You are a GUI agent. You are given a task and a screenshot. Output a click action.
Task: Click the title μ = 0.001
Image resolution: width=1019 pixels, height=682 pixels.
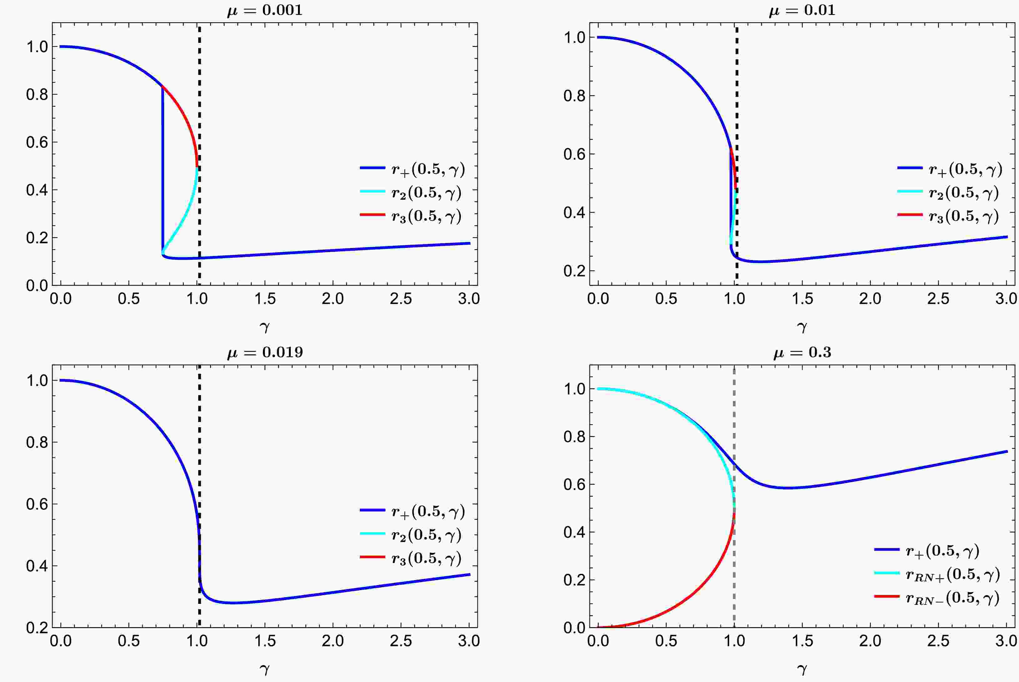tap(265, 10)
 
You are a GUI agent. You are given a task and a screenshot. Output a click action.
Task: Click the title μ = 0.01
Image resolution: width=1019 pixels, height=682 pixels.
tap(802, 10)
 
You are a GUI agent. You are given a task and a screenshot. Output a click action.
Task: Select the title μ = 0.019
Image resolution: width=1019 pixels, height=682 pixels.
tap(265, 352)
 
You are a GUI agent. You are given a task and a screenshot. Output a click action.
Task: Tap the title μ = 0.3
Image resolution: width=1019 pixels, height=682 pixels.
tap(802, 352)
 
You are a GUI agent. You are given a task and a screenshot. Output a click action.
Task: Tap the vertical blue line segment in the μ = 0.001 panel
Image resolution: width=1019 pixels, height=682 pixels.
tap(163, 174)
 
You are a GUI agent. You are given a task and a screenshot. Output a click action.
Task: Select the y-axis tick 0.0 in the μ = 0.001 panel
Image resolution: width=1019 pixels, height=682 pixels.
tap(37, 286)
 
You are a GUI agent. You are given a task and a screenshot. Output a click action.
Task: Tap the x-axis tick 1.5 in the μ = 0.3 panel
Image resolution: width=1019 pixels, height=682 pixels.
tap(802, 641)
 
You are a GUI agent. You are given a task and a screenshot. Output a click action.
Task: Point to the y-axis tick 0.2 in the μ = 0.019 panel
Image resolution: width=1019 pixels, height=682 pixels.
tap(37, 628)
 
